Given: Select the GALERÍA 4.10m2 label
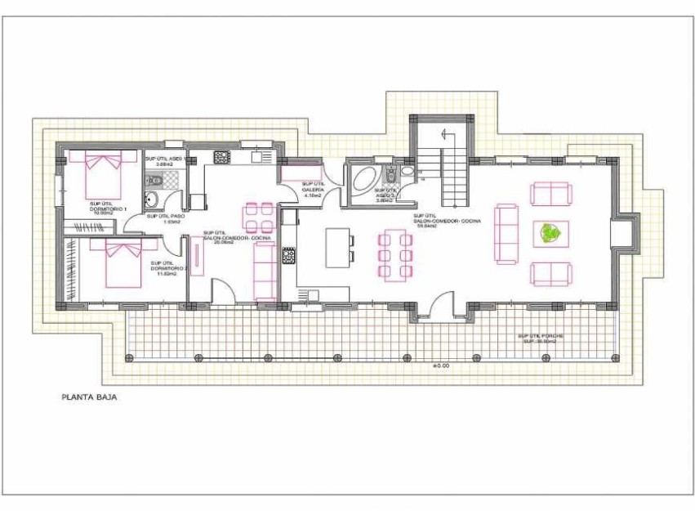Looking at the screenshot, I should (x=313, y=190).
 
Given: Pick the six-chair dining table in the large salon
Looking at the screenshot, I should (x=395, y=256).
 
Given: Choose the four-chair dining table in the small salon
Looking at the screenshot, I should (x=258, y=217).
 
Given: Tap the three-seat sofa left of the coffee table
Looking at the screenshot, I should (x=506, y=234).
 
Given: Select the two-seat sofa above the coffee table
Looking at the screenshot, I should (x=551, y=194).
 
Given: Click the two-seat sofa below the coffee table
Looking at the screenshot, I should (x=551, y=273).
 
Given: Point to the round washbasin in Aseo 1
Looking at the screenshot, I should (x=151, y=199).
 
